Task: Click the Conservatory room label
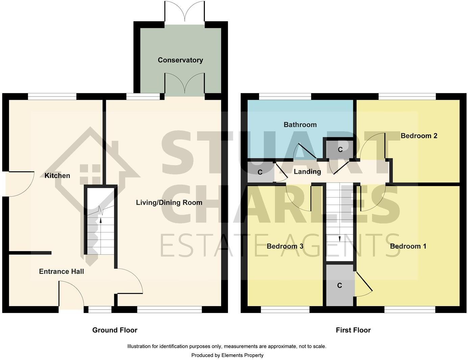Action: (x=180, y=60)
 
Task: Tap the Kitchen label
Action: (x=57, y=176)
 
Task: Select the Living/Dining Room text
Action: (x=169, y=203)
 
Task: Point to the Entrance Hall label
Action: (x=61, y=271)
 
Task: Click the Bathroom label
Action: (x=300, y=125)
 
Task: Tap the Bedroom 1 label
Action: (x=408, y=246)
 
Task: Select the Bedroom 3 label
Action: (x=285, y=246)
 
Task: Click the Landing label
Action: (x=307, y=172)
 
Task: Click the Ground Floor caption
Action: (x=115, y=330)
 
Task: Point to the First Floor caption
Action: (x=353, y=330)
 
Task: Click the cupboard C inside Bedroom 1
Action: (x=340, y=286)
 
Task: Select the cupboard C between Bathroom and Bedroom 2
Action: (x=340, y=150)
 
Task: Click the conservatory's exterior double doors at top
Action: (x=185, y=12)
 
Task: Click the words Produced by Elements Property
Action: (x=227, y=355)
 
